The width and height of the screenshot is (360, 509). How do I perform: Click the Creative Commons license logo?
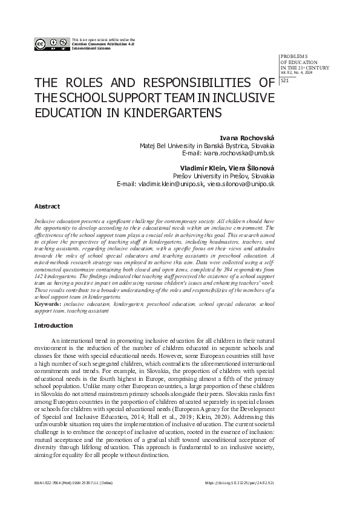tap(51, 43)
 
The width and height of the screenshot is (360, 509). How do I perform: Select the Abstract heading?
tap(47, 206)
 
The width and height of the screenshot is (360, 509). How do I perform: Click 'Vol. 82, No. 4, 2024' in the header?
tap(295, 72)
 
